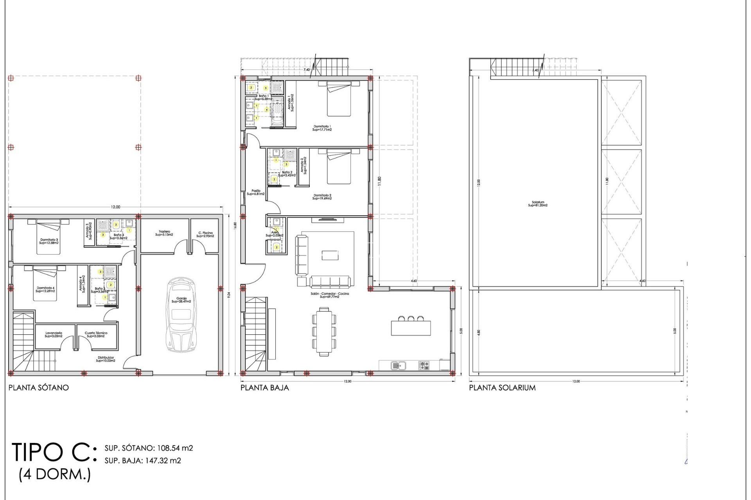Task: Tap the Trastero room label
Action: pyautogui.click(x=164, y=233)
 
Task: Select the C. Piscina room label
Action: pyautogui.click(x=205, y=234)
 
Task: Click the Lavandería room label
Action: pyautogui.click(x=54, y=334)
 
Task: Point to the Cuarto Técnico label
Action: pyautogui.click(x=96, y=334)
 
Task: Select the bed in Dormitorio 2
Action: pyautogui.click(x=339, y=167)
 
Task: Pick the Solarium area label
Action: pyautogui.click(x=538, y=204)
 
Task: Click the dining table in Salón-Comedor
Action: pyautogui.click(x=324, y=332)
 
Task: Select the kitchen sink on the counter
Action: pyautogui.click(x=398, y=366)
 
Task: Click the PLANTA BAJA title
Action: pyautogui.click(x=264, y=388)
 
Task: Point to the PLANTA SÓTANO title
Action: pyautogui.click(x=38, y=388)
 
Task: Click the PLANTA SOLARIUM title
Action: pyautogui.click(x=502, y=388)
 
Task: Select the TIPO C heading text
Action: pyautogui.click(x=54, y=452)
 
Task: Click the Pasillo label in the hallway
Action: pyautogui.click(x=256, y=192)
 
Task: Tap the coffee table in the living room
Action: pyautogui.click(x=330, y=255)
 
